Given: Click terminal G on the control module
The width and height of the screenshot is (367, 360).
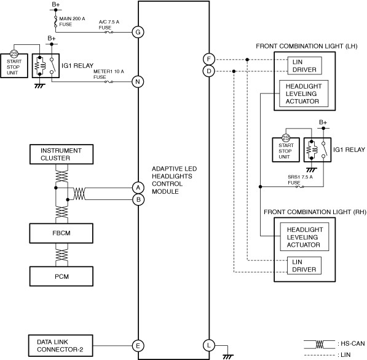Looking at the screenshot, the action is [x=138, y=32].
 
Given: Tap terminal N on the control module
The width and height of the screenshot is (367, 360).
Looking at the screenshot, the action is [x=138, y=82].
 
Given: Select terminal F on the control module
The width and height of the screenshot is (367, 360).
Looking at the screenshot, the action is [x=209, y=59].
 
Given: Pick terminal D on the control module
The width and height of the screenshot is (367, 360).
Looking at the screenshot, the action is [x=209, y=71].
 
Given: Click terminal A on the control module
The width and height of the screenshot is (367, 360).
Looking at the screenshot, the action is [x=138, y=188].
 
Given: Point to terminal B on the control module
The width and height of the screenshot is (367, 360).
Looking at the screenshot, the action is [x=138, y=199].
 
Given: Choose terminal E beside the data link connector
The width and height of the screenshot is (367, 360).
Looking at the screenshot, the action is [x=138, y=346].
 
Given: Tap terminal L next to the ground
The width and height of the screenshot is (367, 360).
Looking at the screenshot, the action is [x=209, y=345].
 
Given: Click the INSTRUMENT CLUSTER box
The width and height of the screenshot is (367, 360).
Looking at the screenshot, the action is [x=61, y=154].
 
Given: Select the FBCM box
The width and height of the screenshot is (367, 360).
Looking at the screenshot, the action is [x=61, y=233].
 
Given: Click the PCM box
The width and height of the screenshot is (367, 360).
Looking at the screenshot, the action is [x=61, y=276].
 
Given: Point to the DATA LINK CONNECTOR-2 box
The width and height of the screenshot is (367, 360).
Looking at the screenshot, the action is [x=61, y=346].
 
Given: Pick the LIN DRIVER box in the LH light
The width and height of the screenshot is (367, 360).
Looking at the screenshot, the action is [x=304, y=66].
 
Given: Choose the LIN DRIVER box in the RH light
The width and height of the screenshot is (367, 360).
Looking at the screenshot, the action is [x=304, y=266].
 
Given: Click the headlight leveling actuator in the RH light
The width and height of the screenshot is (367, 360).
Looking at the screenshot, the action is [x=304, y=237].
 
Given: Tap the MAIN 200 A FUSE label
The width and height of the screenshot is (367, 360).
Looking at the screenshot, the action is [x=72, y=22].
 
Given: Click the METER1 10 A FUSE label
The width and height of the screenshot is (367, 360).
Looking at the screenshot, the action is [x=109, y=74].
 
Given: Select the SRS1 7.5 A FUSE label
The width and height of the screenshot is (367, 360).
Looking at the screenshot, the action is [x=300, y=180].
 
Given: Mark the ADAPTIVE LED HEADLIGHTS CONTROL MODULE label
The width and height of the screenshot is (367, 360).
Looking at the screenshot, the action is [x=175, y=180].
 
